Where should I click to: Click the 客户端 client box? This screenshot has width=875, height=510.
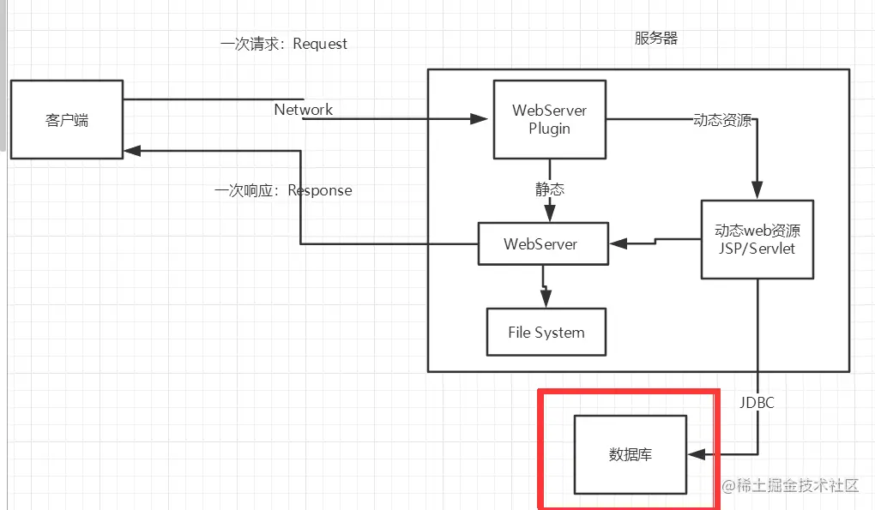(x=67, y=119)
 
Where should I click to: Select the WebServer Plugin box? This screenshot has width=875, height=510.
(x=550, y=119)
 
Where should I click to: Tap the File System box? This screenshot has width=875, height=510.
(x=546, y=333)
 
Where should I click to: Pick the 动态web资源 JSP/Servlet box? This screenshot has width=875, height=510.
(x=757, y=239)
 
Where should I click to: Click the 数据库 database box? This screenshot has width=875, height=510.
(x=631, y=454)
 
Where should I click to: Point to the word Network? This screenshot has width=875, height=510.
(x=303, y=109)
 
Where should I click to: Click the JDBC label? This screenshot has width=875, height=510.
(x=757, y=402)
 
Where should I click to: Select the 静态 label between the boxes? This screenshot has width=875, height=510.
(x=550, y=189)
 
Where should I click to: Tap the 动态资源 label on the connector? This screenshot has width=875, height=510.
(x=722, y=120)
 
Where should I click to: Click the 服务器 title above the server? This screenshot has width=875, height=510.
(x=655, y=38)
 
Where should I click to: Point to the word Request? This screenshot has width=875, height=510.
(x=320, y=44)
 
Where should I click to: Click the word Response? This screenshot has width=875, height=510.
(x=320, y=190)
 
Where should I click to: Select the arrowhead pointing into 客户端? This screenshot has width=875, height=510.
(x=132, y=151)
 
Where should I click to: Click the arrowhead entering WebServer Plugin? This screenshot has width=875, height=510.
(x=479, y=119)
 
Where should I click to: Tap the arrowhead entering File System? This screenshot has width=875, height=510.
(x=546, y=298)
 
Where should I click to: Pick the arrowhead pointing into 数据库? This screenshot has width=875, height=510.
(x=697, y=454)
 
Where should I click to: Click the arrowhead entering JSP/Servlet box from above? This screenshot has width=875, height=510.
(x=757, y=190)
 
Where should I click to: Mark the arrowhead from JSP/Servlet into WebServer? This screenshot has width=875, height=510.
(x=619, y=243)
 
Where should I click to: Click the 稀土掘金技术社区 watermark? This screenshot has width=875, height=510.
(x=790, y=485)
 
